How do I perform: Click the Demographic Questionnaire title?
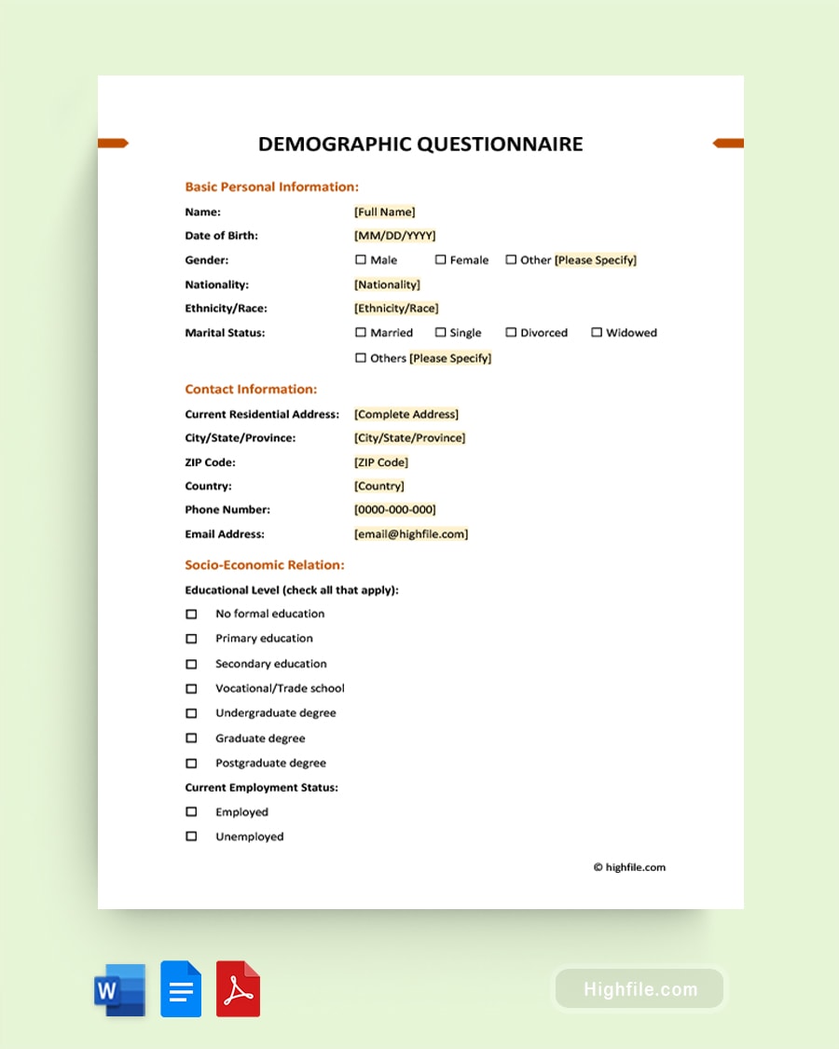(420, 144)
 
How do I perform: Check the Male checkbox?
(361, 260)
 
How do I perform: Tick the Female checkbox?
(440, 260)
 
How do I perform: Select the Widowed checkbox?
(597, 333)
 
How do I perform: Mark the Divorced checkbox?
(511, 333)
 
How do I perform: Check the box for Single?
(440, 333)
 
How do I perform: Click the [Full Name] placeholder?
(385, 212)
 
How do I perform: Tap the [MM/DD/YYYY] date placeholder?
(394, 236)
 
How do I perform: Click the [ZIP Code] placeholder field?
(381, 462)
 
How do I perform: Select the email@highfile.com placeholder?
(411, 534)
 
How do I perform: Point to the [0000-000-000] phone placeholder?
(394, 510)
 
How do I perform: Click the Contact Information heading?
(251, 390)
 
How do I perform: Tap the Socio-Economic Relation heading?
(265, 565)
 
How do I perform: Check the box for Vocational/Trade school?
(191, 688)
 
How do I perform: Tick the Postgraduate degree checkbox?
(191, 763)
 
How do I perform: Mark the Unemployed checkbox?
(191, 836)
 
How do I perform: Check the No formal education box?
(191, 614)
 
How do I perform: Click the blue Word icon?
(120, 989)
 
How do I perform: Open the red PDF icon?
(238, 989)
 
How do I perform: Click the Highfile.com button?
(640, 989)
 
